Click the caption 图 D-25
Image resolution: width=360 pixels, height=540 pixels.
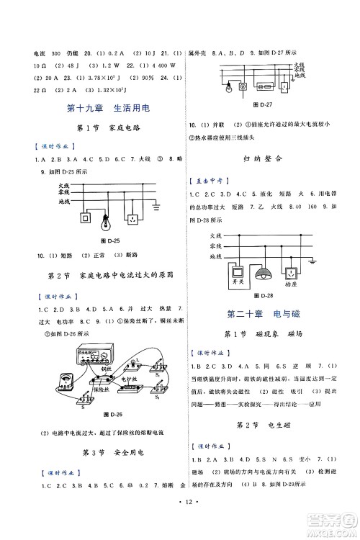tap(106, 240)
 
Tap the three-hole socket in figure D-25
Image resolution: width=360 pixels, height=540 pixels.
tap(132, 217)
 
